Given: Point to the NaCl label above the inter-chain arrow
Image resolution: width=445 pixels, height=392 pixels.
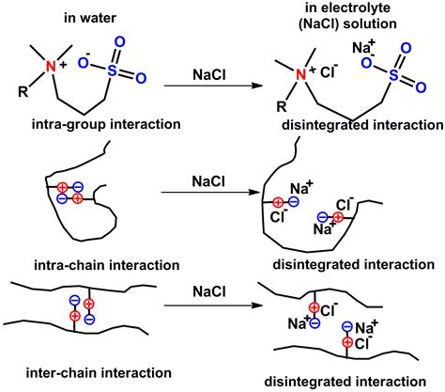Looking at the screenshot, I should pos(200,289).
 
